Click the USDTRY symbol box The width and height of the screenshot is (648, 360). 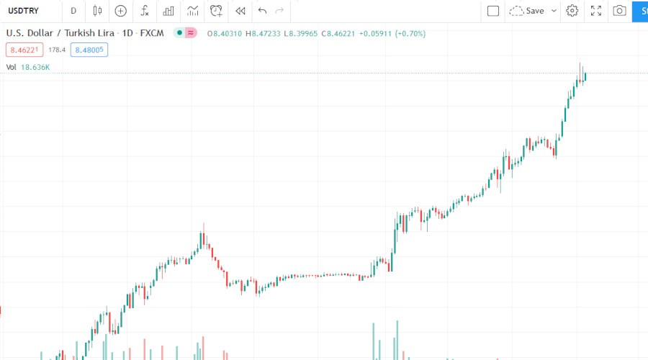pyautogui.click(x=26, y=11)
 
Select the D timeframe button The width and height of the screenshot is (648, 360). pyautogui.click(x=73, y=11)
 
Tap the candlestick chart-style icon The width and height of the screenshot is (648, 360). pyautogui.click(x=98, y=11)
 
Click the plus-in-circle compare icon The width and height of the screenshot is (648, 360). pyautogui.click(x=121, y=11)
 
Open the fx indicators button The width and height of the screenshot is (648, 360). pyautogui.click(x=145, y=11)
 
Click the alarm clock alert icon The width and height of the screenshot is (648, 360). pyautogui.click(x=216, y=11)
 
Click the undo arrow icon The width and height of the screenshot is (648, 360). pyautogui.click(x=262, y=11)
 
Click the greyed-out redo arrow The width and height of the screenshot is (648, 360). pyautogui.click(x=280, y=11)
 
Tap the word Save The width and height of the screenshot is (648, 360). pyautogui.click(x=535, y=11)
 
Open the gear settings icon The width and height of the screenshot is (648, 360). pyautogui.click(x=572, y=11)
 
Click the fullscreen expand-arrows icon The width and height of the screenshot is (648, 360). pyautogui.click(x=596, y=11)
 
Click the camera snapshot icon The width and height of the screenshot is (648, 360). pyautogui.click(x=619, y=11)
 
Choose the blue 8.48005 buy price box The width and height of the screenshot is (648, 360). pyautogui.click(x=89, y=50)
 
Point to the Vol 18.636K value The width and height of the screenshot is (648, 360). pyautogui.click(x=35, y=67)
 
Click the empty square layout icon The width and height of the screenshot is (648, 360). pyautogui.click(x=493, y=11)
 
